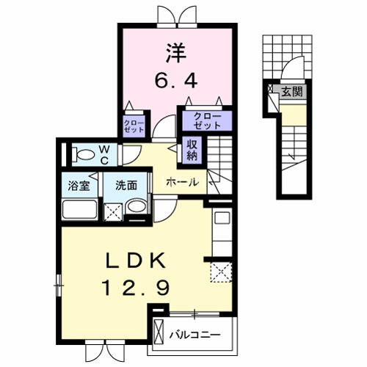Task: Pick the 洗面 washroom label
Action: pyautogui.click(x=126, y=186)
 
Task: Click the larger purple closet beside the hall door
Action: pyautogui.click(x=207, y=120)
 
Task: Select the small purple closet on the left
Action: pyautogui.click(x=134, y=125)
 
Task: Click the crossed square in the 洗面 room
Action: pyautogui.click(x=113, y=212)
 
